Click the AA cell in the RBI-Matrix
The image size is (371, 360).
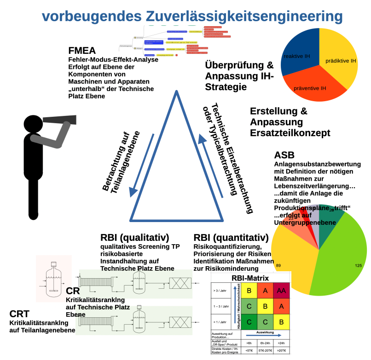pos(281,291)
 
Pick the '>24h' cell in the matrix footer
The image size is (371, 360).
pos(281,343)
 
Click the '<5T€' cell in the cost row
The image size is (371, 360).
pos(249,351)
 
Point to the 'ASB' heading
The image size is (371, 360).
pos(284,155)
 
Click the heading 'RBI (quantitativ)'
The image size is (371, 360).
pos(231,238)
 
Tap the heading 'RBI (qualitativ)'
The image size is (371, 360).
pos(134,238)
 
